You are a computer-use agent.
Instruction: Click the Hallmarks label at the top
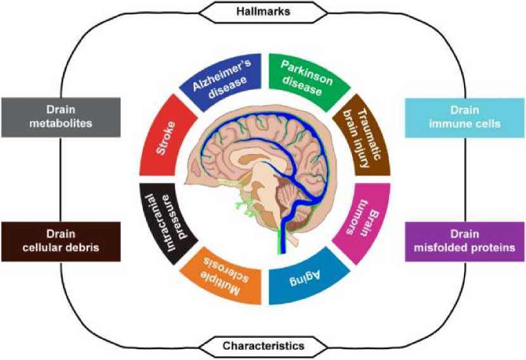(x=264, y=11)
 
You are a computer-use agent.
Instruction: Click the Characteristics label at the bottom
(x=264, y=347)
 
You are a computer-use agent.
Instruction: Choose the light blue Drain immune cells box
(x=465, y=117)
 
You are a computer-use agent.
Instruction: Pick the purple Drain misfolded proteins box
(x=465, y=241)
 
